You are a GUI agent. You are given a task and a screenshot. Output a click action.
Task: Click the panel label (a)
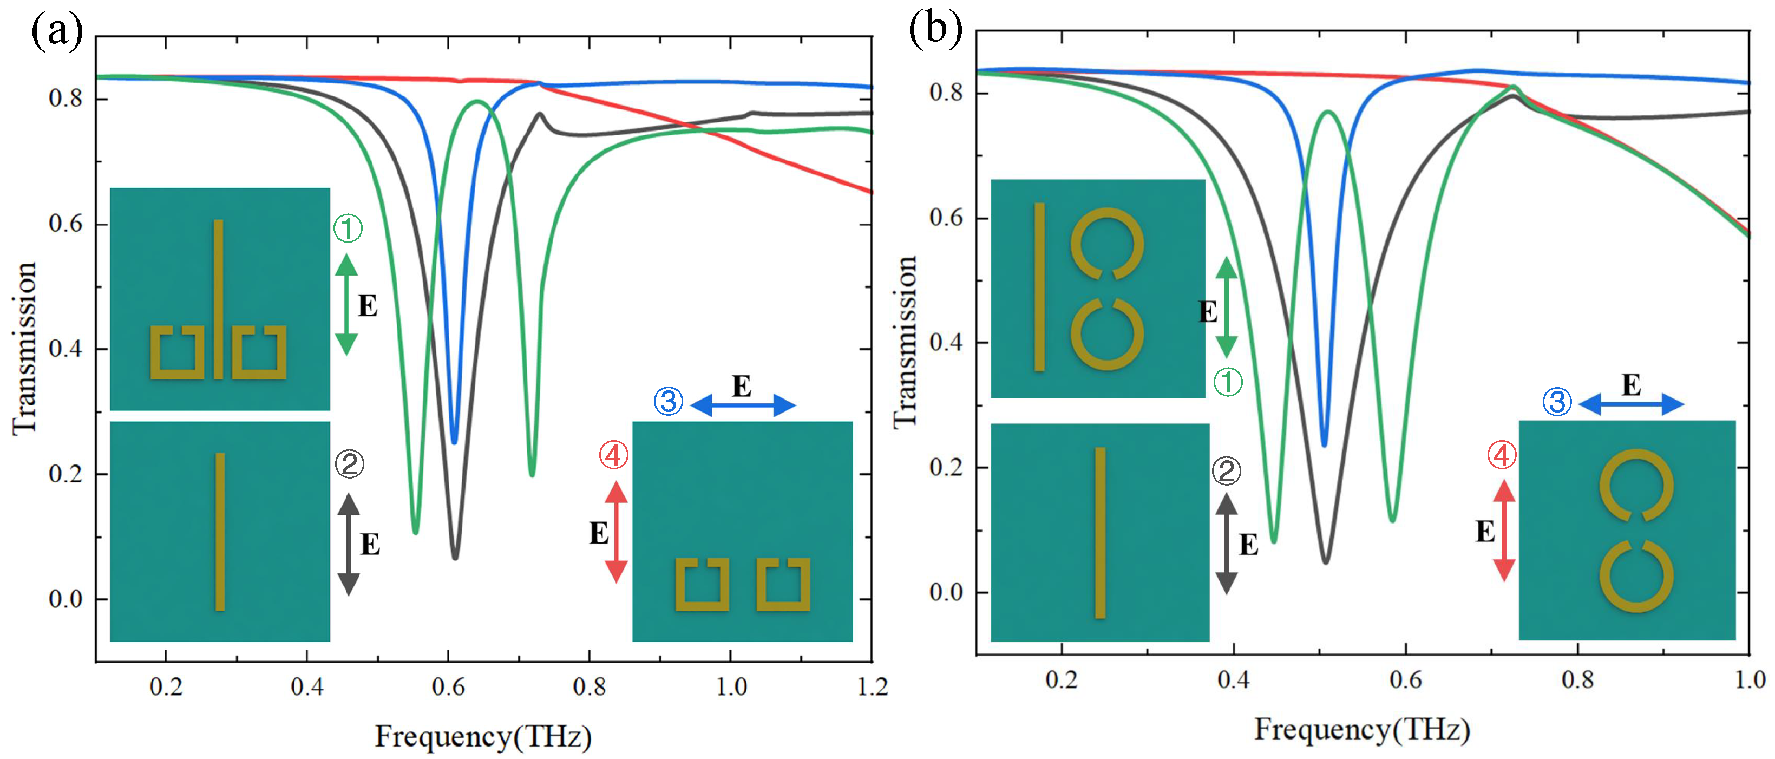[x=56, y=31]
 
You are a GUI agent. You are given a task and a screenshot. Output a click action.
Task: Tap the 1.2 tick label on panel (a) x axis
[x=872, y=686]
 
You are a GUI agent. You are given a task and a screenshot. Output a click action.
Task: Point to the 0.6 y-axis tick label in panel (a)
[x=66, y=224]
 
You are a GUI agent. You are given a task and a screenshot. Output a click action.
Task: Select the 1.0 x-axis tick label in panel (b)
[x=1749, y=680]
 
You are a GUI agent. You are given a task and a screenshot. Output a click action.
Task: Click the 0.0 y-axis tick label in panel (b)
[x=946, y=592]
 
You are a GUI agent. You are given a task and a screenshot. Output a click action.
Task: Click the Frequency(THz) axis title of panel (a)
[x=483, y=736]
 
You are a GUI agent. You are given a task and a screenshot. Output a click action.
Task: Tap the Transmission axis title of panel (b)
[x=905, y=341]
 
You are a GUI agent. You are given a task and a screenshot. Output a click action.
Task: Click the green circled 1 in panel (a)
[x=348, y=228]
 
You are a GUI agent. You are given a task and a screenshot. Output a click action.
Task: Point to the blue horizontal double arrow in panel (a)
[x=743, y=405]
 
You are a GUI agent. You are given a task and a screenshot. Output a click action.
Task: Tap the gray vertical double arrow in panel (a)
[x=349, y=544]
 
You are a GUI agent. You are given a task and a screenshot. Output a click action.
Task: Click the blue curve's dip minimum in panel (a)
[x=454, y=441]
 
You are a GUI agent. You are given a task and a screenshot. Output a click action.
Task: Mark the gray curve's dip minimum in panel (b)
[x=1326, y=561]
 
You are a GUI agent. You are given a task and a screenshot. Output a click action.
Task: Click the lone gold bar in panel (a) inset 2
[x=220, y=532]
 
